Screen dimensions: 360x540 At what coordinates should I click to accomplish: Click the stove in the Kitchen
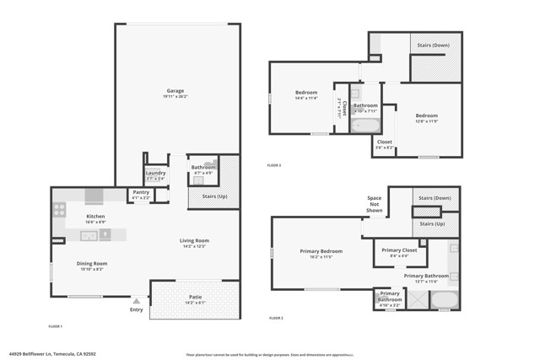point(60,211)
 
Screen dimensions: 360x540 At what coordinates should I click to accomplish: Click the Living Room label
point(194,240)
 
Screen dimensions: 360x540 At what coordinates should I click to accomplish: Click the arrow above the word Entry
point(137,298)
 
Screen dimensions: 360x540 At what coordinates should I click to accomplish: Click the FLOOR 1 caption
point(56,325)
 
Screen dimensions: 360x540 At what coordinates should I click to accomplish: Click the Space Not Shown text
point(374,203)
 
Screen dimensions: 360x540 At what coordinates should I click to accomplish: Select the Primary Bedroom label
point(321,250)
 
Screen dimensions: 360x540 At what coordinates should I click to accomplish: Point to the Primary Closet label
point(400,250)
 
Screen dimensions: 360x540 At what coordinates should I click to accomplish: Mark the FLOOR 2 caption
point(276,318)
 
